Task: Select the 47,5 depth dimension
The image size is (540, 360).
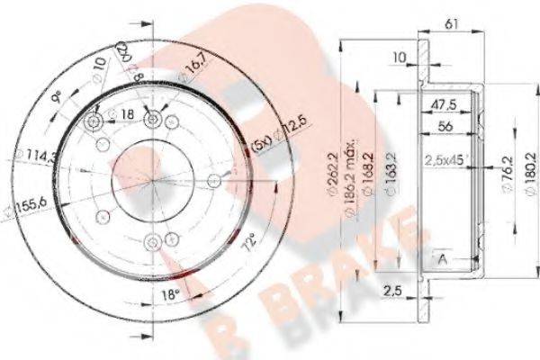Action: (439, 104)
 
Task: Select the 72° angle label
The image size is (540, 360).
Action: (246, 240)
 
